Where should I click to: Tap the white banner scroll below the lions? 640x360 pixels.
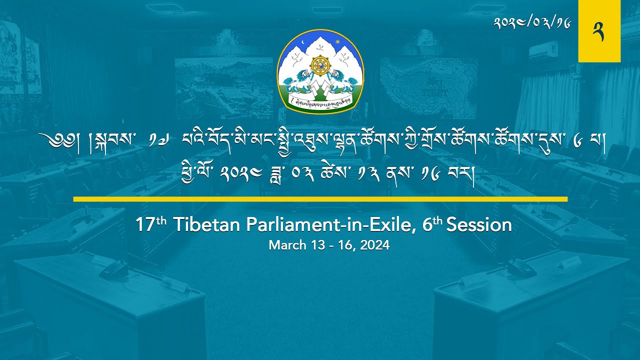[320, 101]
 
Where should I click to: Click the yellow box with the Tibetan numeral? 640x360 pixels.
[599, 31]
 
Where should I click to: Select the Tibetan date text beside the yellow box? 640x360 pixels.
[546, 22]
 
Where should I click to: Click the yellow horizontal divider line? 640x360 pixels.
[320, 199]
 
